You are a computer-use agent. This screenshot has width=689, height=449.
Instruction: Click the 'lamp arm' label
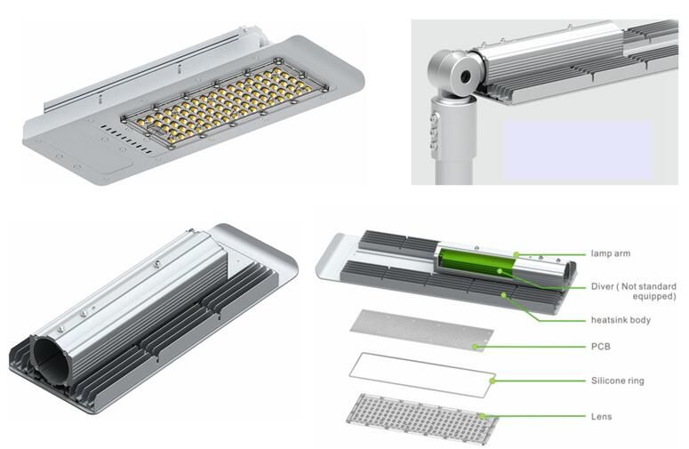611,253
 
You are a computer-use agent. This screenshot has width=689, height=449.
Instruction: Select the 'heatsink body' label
621,318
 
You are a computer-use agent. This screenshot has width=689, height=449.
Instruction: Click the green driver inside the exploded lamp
471,266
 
